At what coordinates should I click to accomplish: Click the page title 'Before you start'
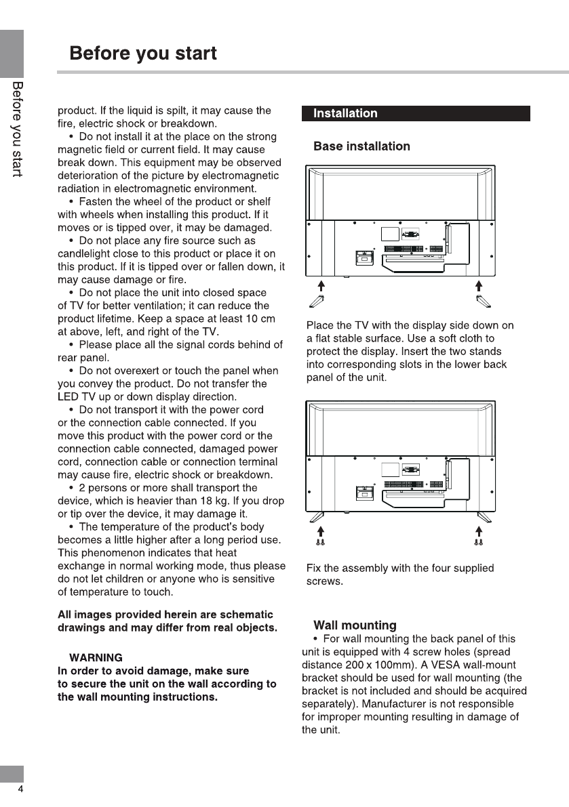click(143, 53)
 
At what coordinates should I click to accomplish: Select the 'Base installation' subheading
click(361, 146)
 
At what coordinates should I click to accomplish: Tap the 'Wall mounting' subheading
click(355, 625)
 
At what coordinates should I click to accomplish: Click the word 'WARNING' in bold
click(96, 658)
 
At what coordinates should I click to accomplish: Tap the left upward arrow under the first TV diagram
click(321, 285)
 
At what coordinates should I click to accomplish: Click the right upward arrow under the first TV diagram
click(479, 285)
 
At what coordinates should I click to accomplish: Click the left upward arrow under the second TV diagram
click(321, 531)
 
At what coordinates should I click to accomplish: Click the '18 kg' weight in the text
click(242, 501)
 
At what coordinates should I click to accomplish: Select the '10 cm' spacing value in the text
click(260, 319)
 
